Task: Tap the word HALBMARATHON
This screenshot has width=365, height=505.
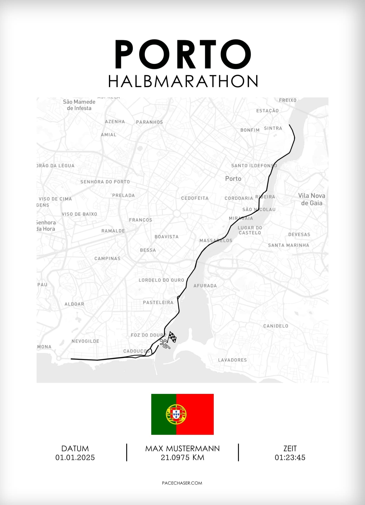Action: [183, 81]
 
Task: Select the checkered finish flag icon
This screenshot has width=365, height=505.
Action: [172, 337]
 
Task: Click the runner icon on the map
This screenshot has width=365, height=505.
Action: [165, 344]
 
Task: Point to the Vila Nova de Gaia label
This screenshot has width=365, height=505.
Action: [312, 199]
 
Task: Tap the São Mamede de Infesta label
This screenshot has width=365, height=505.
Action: [79, 105]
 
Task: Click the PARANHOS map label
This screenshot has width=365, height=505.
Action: [149, 122]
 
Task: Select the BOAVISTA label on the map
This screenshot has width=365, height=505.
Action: [166, 237]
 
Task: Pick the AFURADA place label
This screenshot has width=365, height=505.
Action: [205, 286]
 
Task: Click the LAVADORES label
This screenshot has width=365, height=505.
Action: [232, 360]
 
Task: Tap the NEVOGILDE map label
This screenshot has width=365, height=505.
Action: [85, 341]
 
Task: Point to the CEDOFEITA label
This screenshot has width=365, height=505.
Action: [195, 198]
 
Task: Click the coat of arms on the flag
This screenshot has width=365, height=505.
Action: [176, 414]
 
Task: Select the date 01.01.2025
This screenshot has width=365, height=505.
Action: [75, 458]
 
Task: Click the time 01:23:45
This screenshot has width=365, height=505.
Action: [290, 458]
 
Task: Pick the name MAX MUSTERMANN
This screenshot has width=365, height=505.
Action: [182, 449]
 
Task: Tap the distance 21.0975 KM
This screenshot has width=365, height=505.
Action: [182, 458]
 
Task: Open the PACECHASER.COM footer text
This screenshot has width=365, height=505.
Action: [182, 483]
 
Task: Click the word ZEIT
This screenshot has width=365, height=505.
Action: [290, 449]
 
